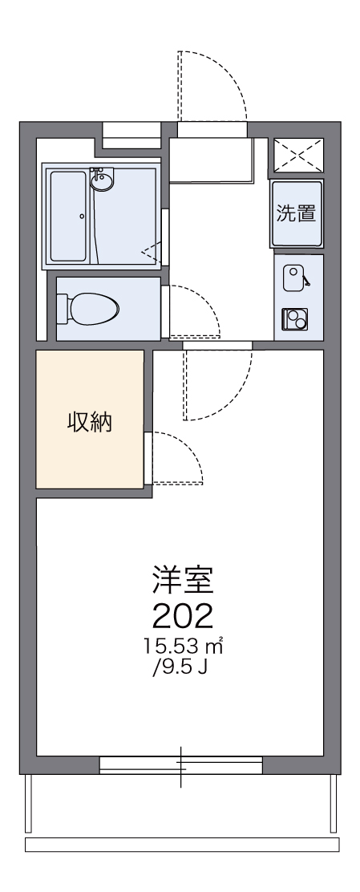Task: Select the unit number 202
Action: [183, 615]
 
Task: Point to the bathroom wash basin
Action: [102, 181]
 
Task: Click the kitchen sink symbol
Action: [294, 276]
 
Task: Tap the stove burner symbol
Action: [294, 318]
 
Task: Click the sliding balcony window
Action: [181, 764]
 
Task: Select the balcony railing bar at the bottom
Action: [182, 844]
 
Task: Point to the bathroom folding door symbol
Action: [151, 252]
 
